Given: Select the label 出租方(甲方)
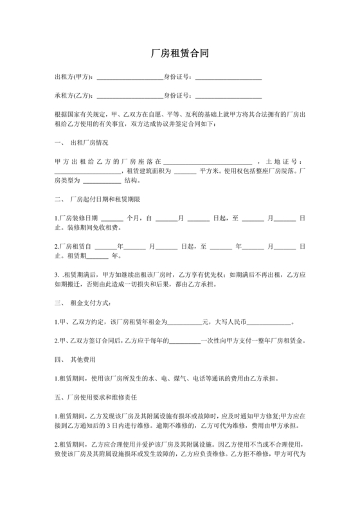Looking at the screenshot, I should click(x=74, y=78).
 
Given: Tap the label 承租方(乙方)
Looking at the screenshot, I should click(x=74, y=96).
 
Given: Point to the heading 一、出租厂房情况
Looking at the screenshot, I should click(x=82, y=142).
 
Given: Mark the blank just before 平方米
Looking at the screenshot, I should click(x=184, y=172).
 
